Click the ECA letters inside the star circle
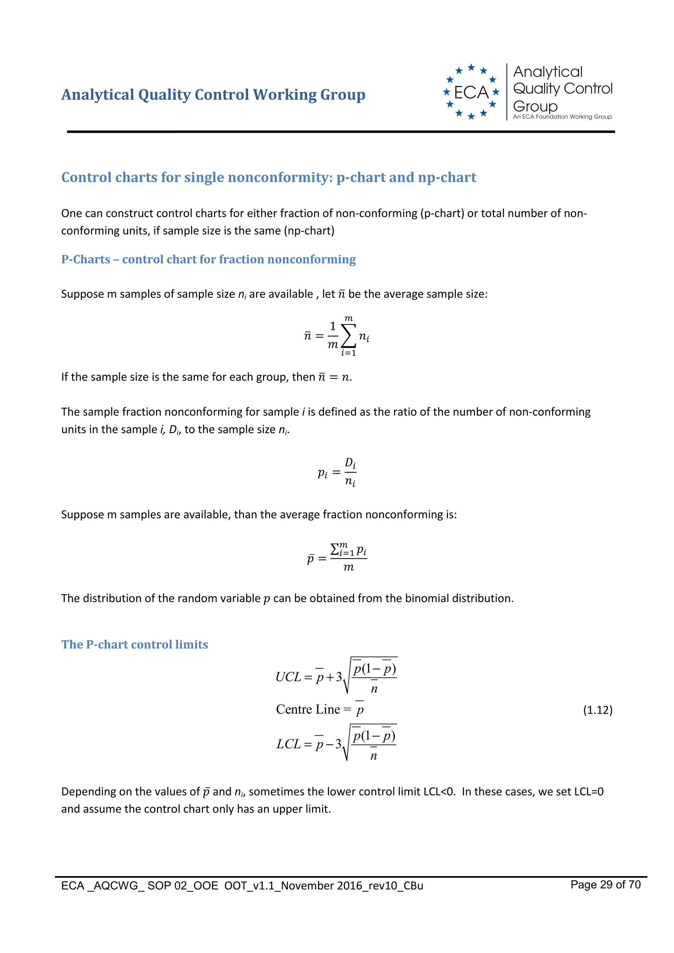[x=471, y=92]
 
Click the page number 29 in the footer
[x=606, y=885]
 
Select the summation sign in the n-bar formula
[x=349, y=335]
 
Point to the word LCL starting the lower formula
[x=288, y=744]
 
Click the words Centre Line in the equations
[x=308, y=709]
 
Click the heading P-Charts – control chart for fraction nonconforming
[x=208, y=259]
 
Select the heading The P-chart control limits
[x=135, y=644]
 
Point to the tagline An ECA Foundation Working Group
[x=562, y=117]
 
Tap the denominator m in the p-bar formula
[x=349, y=567]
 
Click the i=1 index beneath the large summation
[x=349, y=353]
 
